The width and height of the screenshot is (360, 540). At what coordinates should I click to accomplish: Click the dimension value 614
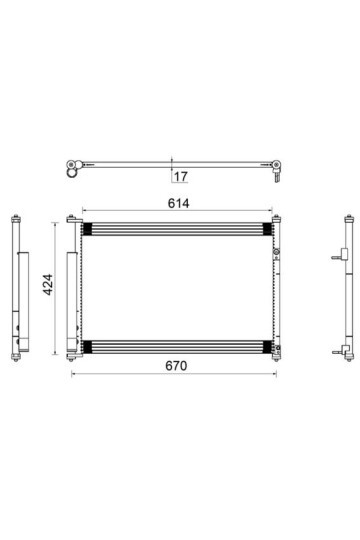[178, 204]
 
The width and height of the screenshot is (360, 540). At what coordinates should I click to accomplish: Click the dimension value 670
[176, 366]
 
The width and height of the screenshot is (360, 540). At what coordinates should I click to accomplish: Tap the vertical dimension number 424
[48, 284]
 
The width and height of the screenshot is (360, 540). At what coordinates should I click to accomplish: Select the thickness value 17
[181, 177]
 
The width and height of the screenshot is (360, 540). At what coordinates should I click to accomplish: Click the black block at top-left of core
[87, 229]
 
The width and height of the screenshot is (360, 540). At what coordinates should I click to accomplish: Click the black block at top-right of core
[267, 229]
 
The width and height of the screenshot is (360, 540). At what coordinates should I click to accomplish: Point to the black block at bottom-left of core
[87, 347]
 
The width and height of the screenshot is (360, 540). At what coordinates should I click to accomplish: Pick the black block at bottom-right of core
[267, 347]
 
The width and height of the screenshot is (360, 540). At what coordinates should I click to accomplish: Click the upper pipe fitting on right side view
[340, 255]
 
